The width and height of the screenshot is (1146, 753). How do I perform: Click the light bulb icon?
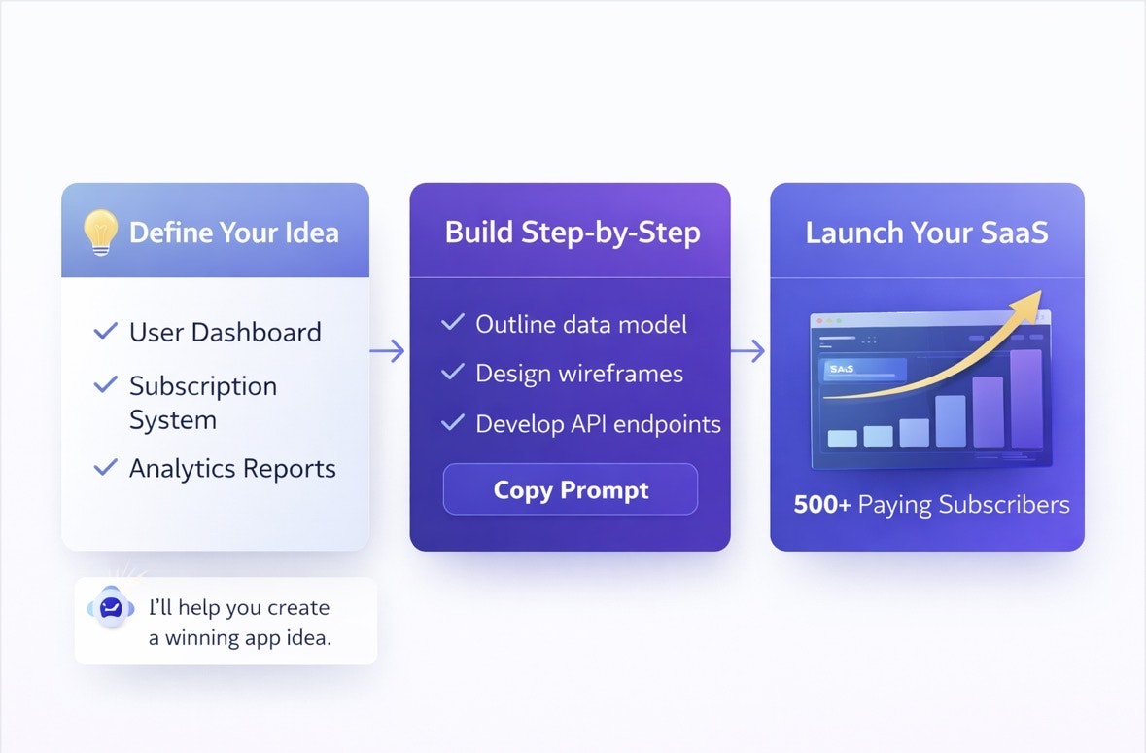click(x=100, y=233)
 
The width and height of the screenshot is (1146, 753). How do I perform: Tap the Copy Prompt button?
click(x=571, y=489)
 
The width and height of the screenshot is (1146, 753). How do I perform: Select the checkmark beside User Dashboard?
click(x=105, y=332)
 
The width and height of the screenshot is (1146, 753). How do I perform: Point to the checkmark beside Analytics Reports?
click(x=105, y=468)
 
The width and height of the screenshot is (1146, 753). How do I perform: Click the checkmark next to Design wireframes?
click(x=452, y=372)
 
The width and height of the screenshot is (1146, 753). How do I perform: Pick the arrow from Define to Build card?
click(x=388, y=351)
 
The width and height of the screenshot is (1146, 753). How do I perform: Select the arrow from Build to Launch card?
click(x=748, y=351)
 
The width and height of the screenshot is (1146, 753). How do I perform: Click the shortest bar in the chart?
click(x=842, y=438)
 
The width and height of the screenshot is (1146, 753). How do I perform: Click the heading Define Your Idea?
click(x=233, y=233)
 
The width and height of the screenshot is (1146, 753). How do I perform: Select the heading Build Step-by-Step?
click(x=572, y=233)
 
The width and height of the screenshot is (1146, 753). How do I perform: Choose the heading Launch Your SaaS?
click(x=926, y=233)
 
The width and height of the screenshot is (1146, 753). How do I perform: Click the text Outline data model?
click(x=580, y=324)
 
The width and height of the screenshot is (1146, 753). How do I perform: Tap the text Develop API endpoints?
click(x=598, y=424)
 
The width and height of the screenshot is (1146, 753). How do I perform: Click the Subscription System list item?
click(x=202, y=403)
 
